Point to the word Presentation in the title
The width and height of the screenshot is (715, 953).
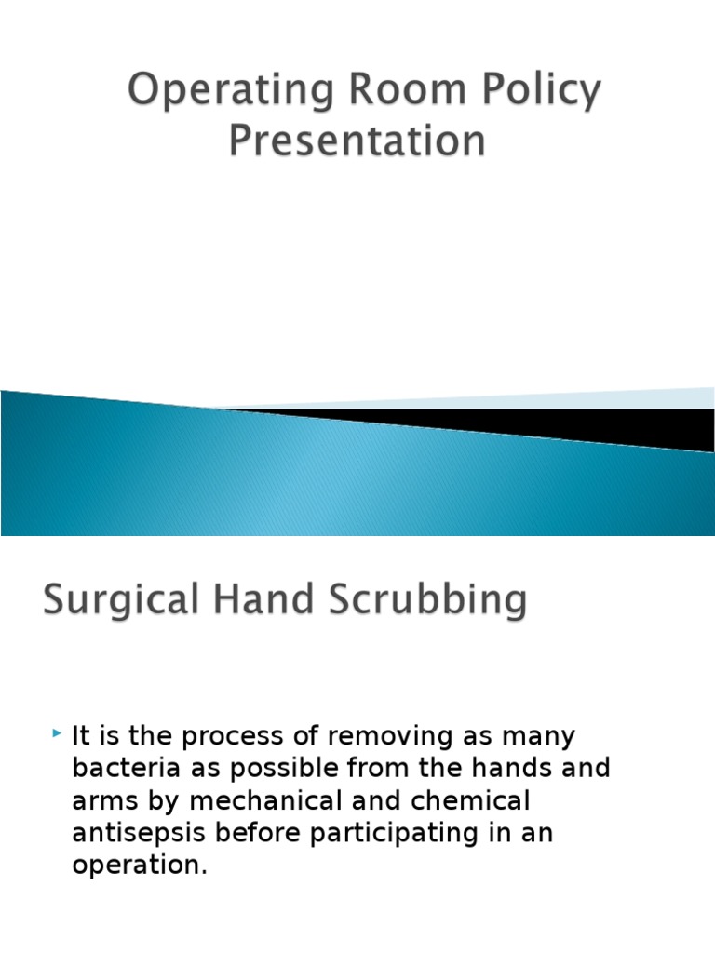tap(357, 142)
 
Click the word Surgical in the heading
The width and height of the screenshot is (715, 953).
tap(119, 600)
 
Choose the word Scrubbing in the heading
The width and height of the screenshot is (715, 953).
tap(426, 600)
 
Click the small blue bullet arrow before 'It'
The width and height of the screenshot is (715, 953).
tap(58, 735)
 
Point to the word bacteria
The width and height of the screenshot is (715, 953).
tap(120, 769)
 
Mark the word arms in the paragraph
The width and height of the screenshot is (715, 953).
tap(104, 801)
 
